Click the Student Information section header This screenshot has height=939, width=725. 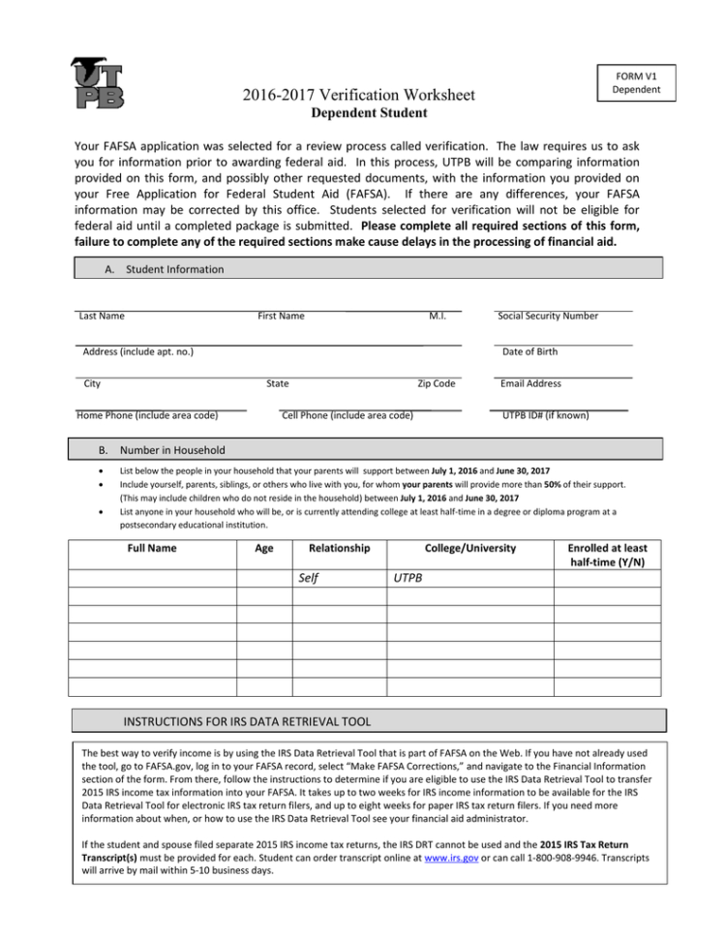166,269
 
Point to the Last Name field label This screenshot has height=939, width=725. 101,316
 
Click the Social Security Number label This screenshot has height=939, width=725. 548,316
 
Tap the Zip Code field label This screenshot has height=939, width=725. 436,383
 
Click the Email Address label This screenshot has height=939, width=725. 530,383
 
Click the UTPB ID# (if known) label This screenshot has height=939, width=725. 545,415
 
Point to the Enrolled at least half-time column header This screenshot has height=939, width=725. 608,556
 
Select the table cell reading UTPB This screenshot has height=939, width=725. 408,578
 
